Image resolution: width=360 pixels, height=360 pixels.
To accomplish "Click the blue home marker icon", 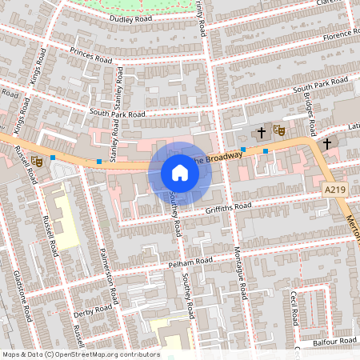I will [x=180, y=173].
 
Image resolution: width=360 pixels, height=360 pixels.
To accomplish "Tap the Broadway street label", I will [x=219, y=159].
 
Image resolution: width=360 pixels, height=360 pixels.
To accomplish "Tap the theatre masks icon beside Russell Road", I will [x=37, y=161].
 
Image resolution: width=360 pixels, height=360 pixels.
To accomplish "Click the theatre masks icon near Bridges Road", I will [x=278, y=129].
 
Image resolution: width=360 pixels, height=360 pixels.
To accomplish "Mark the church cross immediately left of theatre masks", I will [x=261, y=132].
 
